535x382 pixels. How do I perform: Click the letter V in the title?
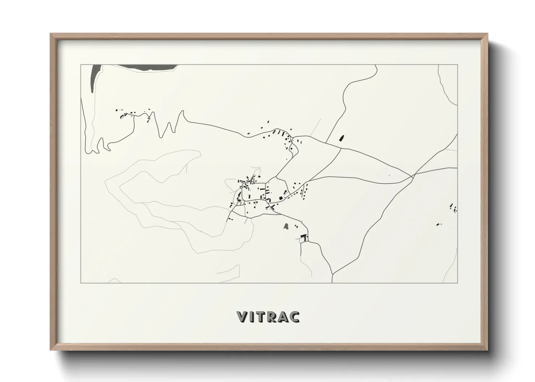coord(241,317)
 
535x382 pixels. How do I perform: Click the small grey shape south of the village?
coord(286,227)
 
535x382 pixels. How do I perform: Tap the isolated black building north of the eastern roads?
coord(341,138)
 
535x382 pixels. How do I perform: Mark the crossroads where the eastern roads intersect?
coord(412,175)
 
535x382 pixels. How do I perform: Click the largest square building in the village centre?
coord(281,198)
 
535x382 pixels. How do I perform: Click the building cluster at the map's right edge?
coord(453,208)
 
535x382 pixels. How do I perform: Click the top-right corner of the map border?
coord(458,65)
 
